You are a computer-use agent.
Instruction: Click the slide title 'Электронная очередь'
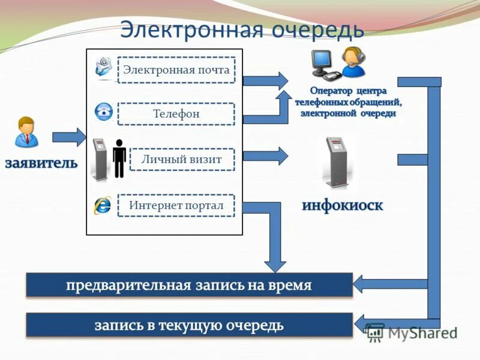tap(242, 29)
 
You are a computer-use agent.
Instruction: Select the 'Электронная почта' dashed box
tap(176, 70)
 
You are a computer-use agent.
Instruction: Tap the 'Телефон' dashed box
tap(176, 113)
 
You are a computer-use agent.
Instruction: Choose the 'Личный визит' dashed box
tap(182, 159)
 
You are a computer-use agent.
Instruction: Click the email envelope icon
tap(104, 67)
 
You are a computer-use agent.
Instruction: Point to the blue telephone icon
tap(103, 112)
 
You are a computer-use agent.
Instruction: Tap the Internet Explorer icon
tap(102, 205)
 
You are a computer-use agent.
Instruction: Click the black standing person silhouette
tap(119, 158)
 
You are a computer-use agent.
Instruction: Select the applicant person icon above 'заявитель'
tap(27, 132)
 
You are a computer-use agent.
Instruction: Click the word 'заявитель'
tap(41, 163)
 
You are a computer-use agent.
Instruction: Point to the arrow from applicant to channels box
tap(69, 137)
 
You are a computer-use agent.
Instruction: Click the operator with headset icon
tap(353, 62)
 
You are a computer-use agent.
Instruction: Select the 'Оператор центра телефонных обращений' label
tap(348, 102)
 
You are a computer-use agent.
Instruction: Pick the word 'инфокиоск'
tap(342, 205)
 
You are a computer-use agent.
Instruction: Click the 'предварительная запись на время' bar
tap(189, 285)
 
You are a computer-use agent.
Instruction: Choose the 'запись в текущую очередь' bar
tap(189, 325)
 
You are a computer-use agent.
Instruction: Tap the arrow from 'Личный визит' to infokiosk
tap(265, 155)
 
